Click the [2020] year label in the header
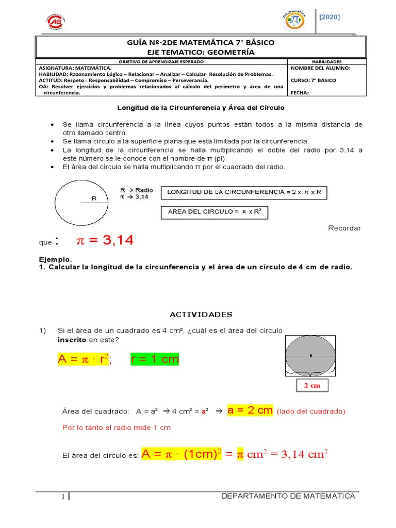click(x=329, y=17)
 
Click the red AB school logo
click(x=57, y=22)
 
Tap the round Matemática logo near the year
click(x=294, y=20)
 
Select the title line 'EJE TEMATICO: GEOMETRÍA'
click(x=200, y=52)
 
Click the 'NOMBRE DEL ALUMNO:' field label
click(x=321, y=68)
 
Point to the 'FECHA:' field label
click(x=301, y=93)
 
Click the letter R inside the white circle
click(x=94, y=198)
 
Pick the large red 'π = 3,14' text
click(x=105, y=240)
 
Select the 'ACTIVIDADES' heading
click(x=201, y=315)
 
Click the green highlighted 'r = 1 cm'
click(x=155, y=359)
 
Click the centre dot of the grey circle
click(x=310, y=355)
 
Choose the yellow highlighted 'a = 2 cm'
click(x=250, y=410)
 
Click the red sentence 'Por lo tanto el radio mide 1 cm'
click(x=117, y=427)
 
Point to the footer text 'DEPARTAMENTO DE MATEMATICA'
click(x=288, y=496)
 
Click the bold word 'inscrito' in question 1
click(x=72, y=339)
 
